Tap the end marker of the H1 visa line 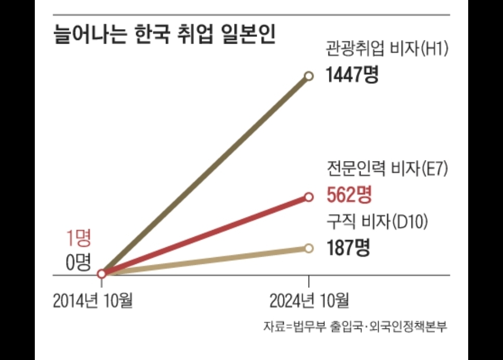click(x=309, y=76)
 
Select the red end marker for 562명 click(x=309, y=197)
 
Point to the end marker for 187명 click(x=309, y=248)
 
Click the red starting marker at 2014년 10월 click(x=102, y=273)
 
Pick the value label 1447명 click(x=352, y=76)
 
